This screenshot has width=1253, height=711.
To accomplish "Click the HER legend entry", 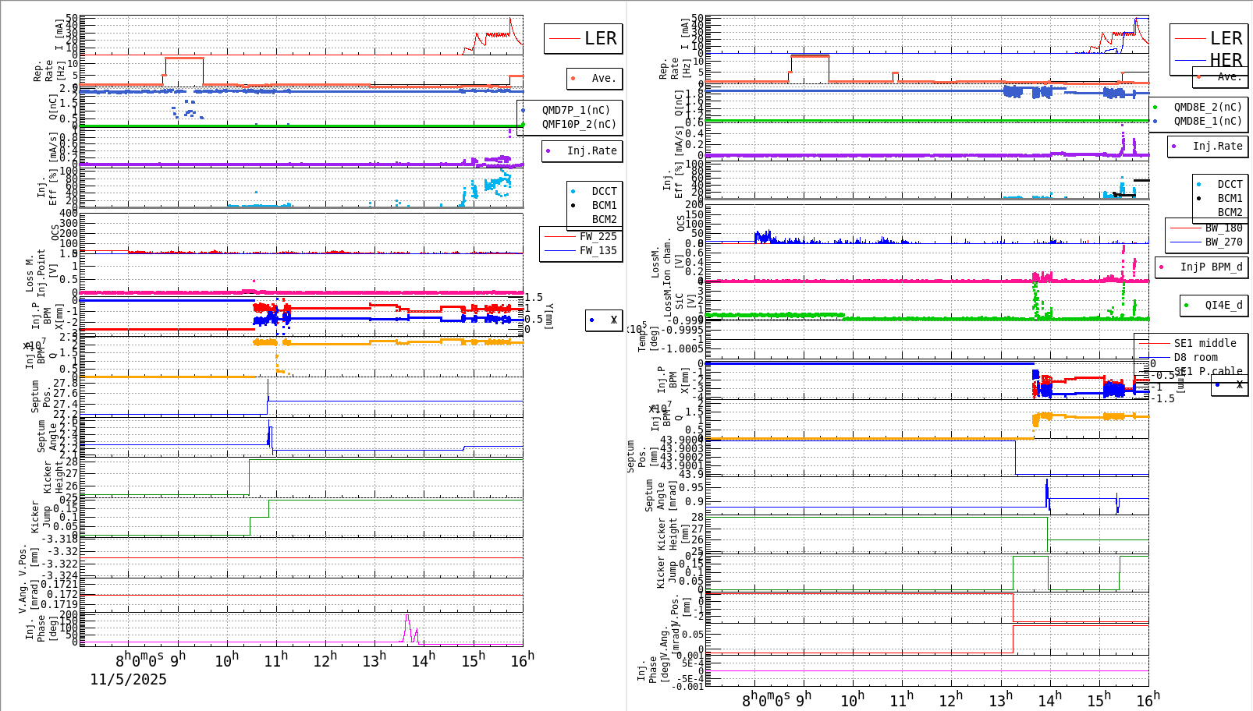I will tap(1226, 60).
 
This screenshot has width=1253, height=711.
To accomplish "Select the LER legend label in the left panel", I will tap(600, 38).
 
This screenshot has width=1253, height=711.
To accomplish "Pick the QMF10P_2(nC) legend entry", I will tap(578, 124).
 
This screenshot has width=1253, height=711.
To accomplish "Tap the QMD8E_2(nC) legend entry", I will tap(1207, 107).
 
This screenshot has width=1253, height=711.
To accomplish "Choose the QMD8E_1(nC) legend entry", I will tap(1207, 121).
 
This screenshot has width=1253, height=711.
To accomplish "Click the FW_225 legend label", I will tap(598, 236).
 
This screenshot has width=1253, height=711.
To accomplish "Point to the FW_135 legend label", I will tap(598, 250).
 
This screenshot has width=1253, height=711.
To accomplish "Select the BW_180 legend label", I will tap(1223, 228).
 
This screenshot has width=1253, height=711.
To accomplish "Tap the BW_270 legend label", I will tap(1223, 242).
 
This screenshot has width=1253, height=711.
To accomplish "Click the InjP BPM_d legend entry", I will tap(1211, 267).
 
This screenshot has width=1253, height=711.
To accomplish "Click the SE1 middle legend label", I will tap(1205, 343).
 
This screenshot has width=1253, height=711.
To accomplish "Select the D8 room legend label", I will tap(1195, 357).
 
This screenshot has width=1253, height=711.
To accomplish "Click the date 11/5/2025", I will tap(128, 679).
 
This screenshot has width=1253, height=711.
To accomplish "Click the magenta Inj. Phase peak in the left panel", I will tap(406, 617).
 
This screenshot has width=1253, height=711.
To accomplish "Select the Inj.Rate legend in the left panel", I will tap(591, 150).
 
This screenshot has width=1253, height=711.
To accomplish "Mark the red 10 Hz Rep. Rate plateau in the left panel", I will tap(184, 58).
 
